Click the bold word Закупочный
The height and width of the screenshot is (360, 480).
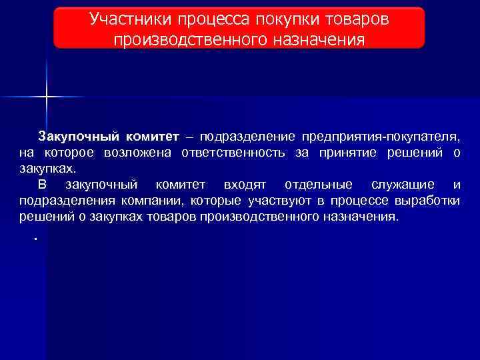(79, 137)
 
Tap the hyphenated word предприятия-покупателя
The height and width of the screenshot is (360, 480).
(380, 137)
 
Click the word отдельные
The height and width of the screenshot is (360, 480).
(313, 184)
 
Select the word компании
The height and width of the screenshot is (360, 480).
(158, 200)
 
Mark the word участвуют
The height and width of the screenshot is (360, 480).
(281, 200)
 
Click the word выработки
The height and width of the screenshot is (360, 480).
(427, 200)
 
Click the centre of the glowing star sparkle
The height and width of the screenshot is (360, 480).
(47, 97)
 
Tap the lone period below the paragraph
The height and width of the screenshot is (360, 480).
(34, 238)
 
